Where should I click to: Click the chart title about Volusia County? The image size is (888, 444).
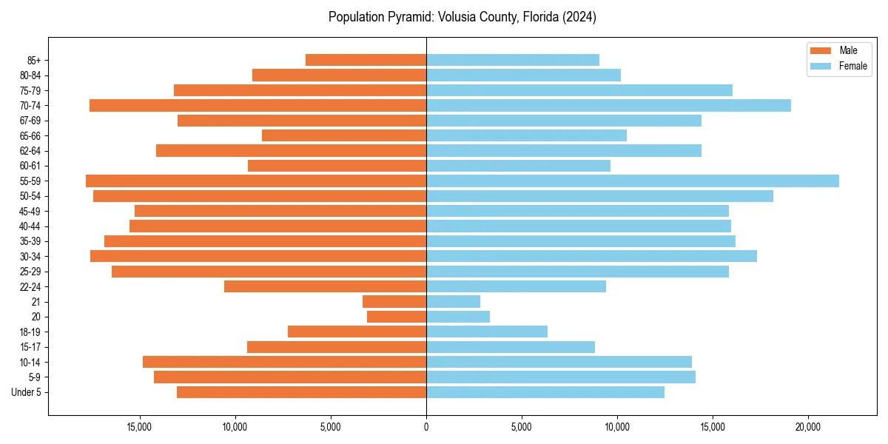pyautogui.click(x=462, y=17)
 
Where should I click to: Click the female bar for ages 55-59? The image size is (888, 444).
pyautogui.click(x=633, y=181)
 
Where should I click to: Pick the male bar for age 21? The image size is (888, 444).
pyautogui.click(x=394, y=301)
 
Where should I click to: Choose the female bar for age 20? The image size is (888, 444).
pyautogui.click(x=458, y=317)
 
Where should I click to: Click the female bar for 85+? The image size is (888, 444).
pyautogui.click(x=513, y=60)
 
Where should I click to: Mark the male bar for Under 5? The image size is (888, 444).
pyautogui.click(x=301, y=392)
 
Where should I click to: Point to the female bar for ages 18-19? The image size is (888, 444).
pyautogui.click(x=487, y=332)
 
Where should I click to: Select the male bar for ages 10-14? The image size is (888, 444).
pyautogui.click(x=284, y=362)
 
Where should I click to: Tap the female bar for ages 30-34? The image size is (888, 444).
pyautogui.click(x=591, y=256)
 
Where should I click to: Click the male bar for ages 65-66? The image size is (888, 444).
pyautogui.click(x=344, y=135)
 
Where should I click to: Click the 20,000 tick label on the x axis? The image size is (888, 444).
pyautogui.click(x=808, y=427)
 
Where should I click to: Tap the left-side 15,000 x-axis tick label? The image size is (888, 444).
pyautogui.click(x=140, y=427)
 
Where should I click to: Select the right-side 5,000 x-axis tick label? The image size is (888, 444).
pyautogui.click(x=522, y=427)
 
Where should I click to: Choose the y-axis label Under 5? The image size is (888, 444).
pyautogui.click(x=27, y=392)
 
